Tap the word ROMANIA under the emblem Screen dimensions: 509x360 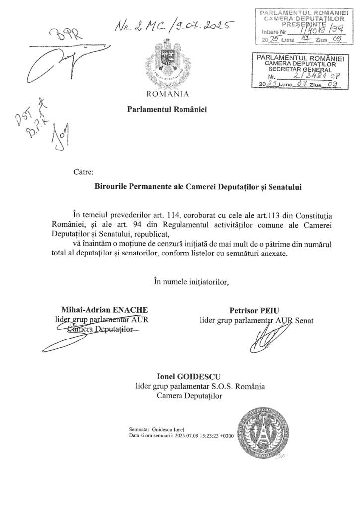(x=167, y=93)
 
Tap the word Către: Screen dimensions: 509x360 (x=83, y=173)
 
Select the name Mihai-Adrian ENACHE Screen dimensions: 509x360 (x=104, y=310)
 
